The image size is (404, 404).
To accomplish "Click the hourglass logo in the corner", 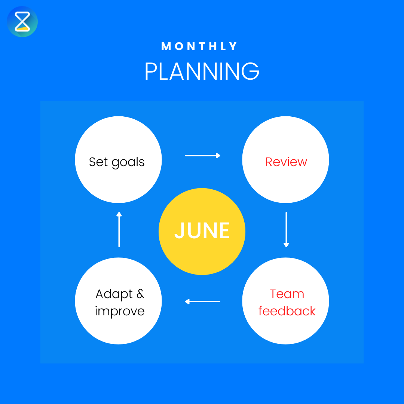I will click(22, 21).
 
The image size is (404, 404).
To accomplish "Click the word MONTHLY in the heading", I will click(200, 46).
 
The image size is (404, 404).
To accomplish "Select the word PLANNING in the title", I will click(202, 71).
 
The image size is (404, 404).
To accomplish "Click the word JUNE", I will click(202, 231).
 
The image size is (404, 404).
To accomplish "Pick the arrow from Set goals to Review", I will click(202, 155).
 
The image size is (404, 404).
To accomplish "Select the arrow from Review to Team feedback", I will click(286, 229).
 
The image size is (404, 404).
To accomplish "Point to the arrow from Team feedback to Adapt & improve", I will click(202, 301).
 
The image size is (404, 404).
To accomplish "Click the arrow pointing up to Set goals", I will click(119, 229).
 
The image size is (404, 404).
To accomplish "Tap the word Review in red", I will click(286, 162).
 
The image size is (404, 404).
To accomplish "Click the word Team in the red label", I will click(287, 294).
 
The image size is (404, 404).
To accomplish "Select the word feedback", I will click(287, 311).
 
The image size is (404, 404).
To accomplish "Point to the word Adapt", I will click(114, 294).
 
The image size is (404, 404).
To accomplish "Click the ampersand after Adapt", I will click(140, 294).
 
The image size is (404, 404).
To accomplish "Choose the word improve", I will click(120, 311).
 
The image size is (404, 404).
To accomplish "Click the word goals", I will click(128, 162).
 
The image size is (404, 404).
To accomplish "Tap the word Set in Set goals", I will click(98, 162).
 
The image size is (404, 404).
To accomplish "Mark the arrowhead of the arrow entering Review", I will click(218, 155).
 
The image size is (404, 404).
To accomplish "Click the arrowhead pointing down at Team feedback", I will click(286, 245).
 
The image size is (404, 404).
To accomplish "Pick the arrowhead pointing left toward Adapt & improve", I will click(187, 301).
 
